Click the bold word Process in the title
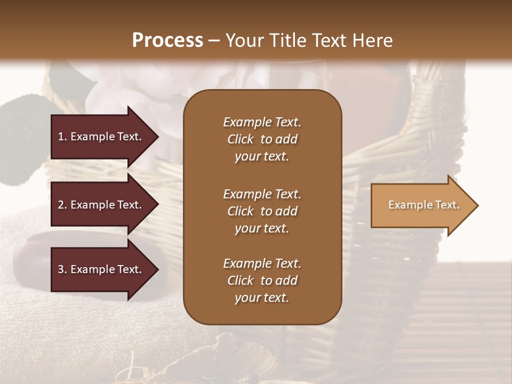coord(167,40)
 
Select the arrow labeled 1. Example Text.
coord(101,137)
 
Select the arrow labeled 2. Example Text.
coord(101,205)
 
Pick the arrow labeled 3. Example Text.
coord(101,269)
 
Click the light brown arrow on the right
coord(421,205)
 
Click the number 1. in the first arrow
coord(62,137)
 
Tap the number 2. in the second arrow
coord(62,205)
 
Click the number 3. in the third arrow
coord(62,269)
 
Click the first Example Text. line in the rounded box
coord(262,122)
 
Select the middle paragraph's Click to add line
coord(262,211)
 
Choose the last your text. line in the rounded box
coord(262,298)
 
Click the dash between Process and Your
coord(214,40)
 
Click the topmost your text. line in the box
coord(262,156)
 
